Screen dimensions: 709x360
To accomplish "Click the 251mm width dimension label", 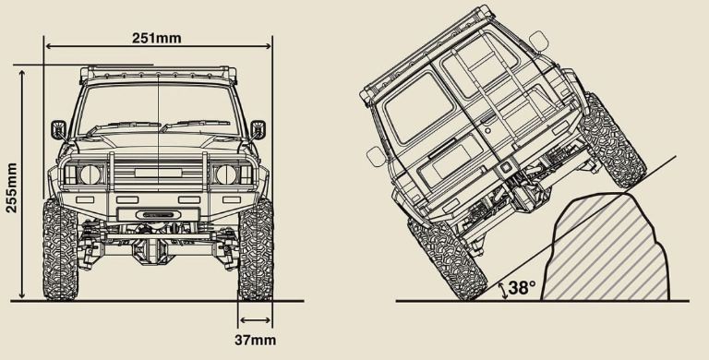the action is [156, 38].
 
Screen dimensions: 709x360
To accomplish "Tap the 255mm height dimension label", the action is [11, 187].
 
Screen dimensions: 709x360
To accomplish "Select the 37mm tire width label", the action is [255, 340].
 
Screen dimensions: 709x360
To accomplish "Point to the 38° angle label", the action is [522, 288].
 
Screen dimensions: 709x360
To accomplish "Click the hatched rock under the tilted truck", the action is [605, 247].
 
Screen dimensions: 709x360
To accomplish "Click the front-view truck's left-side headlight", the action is [90, 174].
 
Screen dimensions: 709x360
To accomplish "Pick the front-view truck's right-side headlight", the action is [226, 174].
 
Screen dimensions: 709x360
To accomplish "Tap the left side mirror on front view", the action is [59, 130].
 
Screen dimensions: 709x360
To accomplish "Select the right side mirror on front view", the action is [258, 130].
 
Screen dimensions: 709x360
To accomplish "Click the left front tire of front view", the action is [60, 249].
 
